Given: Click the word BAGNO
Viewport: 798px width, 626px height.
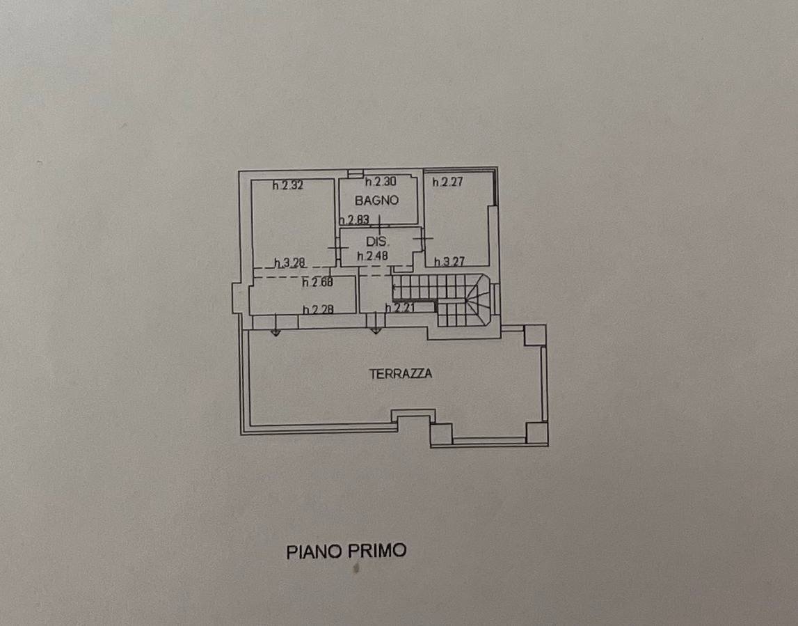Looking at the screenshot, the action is pyautogui.click(x=376, y=200).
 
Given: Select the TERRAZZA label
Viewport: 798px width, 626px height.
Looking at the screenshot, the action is pyautogui.click(x=401, y=374).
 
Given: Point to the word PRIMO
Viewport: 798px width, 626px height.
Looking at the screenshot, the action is pyautogui.click(x=377, y=551).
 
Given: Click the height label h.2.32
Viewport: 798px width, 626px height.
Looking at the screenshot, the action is pyautogui.click(x=287, y=185).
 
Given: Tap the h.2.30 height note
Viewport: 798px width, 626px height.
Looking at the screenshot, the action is pyautogui.click(x=381, y=181).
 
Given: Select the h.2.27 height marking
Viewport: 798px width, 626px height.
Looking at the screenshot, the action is pyautogui.click(x=448, y=181).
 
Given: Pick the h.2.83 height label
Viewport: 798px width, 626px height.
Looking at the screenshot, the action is pyautogui.click(x=354, y=220).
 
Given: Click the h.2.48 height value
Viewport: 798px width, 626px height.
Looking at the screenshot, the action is pyautogui.click(x=372, y=256).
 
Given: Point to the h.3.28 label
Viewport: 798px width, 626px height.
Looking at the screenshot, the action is pyautogui.click(x=289, y=263).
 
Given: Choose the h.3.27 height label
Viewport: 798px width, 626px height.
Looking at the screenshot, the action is pyautogui.click(x=449, y=262).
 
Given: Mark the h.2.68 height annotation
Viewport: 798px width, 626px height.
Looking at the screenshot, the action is pyautogui.click(x=317, y=282).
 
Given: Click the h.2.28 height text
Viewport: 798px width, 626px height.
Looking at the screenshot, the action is pyautogui.click(x=318, y=309).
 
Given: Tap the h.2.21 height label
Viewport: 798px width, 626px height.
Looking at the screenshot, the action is pyautogui.click(x=401, y=308).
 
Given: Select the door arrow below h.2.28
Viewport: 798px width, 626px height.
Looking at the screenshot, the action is pyautogui.click(x=276, y=325).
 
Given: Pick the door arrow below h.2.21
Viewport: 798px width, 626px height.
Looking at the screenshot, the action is pyautogui.click(x=376, y=324).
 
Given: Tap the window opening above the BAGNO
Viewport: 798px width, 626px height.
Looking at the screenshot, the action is pyautogui.click(x=356, y=173).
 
